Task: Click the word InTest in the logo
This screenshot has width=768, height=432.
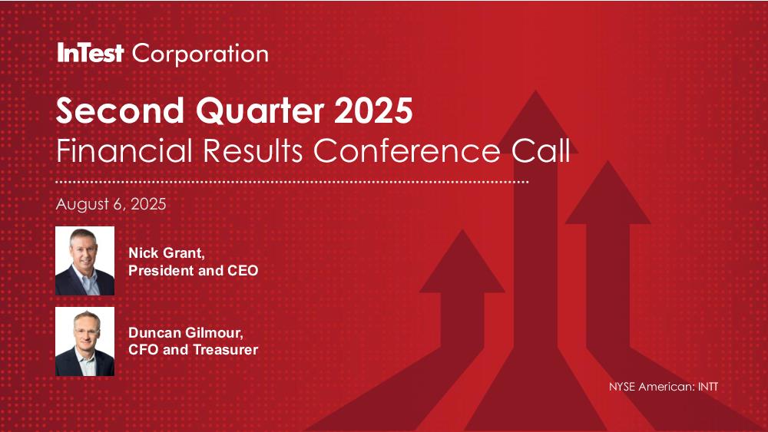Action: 90,53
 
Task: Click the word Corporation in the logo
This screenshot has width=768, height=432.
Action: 200,54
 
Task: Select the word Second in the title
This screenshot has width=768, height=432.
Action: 120,110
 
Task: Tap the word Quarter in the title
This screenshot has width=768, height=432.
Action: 260,111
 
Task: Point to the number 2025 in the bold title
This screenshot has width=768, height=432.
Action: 374,110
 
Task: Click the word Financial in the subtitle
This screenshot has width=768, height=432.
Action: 124,150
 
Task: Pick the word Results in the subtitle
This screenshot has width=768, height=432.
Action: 253,150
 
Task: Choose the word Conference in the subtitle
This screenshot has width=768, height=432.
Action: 407,150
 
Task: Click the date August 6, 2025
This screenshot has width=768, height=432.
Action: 111,204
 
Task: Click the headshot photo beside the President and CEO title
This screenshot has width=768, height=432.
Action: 84,261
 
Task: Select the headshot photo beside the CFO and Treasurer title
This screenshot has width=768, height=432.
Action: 84,341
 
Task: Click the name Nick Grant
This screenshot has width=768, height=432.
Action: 167,253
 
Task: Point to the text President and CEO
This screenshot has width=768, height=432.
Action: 193,271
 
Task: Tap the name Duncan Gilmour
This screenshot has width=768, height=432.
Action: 186,333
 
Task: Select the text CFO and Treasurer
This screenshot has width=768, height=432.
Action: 193,350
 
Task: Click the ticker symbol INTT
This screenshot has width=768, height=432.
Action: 708,387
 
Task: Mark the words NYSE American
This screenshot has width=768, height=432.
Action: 651,387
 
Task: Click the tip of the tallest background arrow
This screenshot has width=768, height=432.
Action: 536,91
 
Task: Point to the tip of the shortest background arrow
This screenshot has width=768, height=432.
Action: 462,229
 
